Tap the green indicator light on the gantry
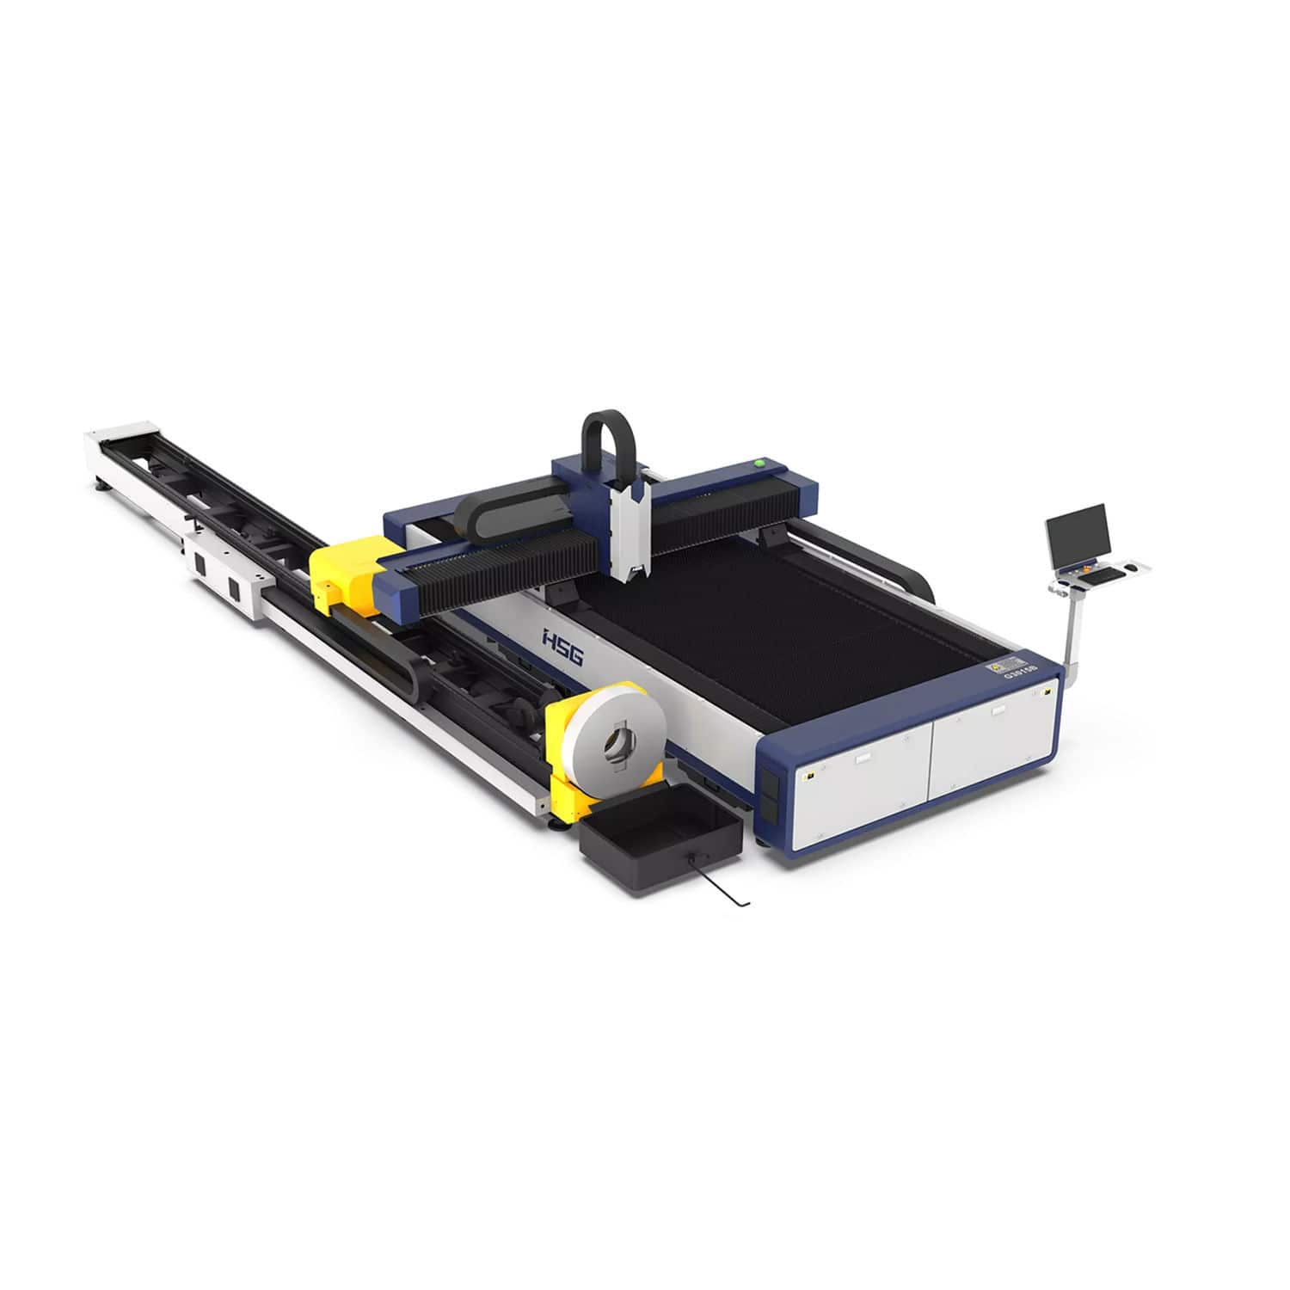[759, 462]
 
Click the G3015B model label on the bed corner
[1017, 670]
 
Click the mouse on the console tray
[1133, 568]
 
